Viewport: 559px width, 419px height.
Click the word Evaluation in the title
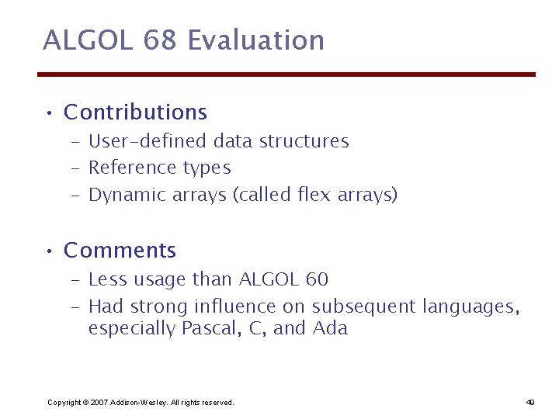[256, 40]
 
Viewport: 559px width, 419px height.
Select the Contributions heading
[135, 113]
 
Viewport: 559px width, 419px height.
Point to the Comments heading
[120, 251]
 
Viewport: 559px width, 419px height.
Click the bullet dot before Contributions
[48, 114]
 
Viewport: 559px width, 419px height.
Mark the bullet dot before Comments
[48, 252]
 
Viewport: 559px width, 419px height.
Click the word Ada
[330, 329]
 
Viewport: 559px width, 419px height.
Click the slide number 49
[529, 402]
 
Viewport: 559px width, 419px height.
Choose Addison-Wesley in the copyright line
[138, 402]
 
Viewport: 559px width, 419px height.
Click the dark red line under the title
[286, 74]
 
